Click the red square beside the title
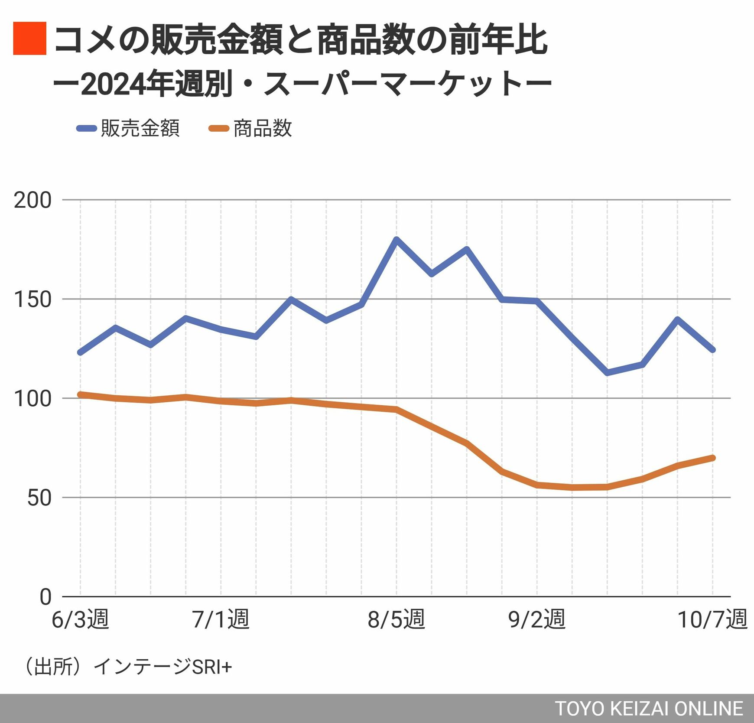click(x=29, y=39)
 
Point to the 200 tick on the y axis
click(x=32, y=200)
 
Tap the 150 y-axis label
click(x=32, y=300)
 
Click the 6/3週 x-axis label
click(x=80, y=619)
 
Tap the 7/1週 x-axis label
click(x=221, y=619)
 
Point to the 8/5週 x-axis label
click(x=396, y=619)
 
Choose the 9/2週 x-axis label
click(x=537, y=619)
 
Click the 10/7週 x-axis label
click(x=712, y=619)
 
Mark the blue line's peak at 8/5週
click(x=396, y=239)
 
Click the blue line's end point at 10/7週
click(x=713, y=350)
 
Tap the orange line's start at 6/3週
click(x=80, y=394)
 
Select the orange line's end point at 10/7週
click(x=713, y=458)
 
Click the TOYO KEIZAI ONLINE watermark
click(x=649, y=709)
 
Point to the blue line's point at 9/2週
click(x=537, y=300)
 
